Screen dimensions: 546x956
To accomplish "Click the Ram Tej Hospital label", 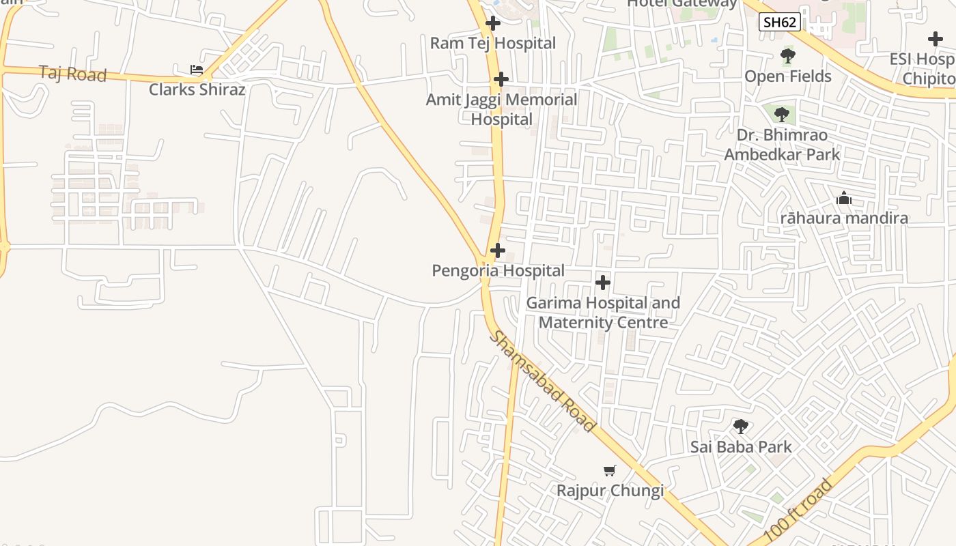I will point(493,43).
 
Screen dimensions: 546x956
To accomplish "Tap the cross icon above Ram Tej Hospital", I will point(493,23).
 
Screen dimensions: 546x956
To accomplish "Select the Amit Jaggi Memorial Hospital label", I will point(501,109).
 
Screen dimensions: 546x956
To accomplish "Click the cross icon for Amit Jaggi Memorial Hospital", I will point(501,79).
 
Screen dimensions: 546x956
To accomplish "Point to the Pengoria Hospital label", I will point(498,271).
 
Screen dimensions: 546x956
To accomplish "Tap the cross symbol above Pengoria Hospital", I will point(498,250).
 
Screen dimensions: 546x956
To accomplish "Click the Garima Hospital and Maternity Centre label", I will point(603,312).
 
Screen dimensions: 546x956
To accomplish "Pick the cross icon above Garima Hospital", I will point(603,282).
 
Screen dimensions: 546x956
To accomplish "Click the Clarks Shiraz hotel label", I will point(197,89).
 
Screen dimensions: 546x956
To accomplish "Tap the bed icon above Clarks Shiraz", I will point(197,70).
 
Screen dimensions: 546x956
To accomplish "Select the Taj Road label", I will point(73,74).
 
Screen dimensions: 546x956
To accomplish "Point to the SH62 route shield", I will point(779,22).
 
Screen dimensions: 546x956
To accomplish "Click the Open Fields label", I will point(788,76).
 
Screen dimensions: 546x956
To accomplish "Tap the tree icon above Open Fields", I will point(788,56).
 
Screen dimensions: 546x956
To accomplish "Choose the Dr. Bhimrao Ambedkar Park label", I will point(782,145).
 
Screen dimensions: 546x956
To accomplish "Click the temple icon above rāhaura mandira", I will point(844,199).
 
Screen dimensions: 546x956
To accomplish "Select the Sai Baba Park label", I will point(741,447).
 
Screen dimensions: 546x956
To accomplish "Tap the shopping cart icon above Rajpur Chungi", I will point(610,470).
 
